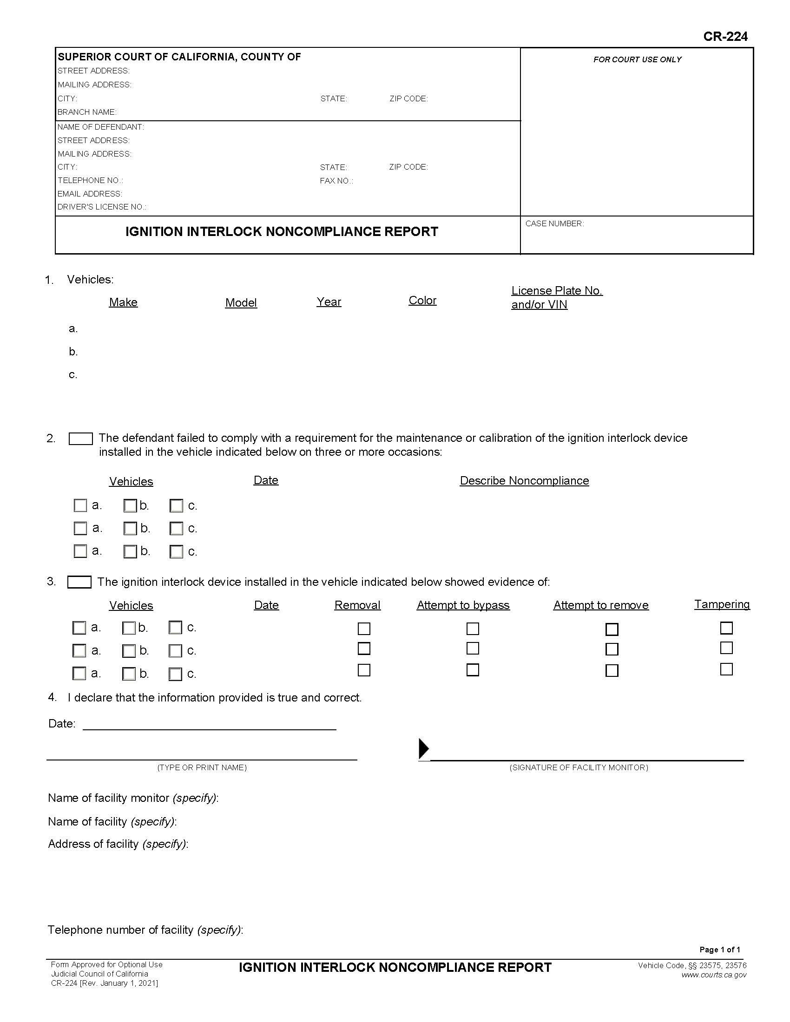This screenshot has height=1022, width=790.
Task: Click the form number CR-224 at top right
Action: point(725,37)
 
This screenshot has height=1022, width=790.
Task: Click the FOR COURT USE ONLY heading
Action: point(637,59)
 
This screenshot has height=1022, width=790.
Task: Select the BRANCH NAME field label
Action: point(87,112)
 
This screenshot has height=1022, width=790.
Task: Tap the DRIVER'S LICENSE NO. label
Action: point(102,207)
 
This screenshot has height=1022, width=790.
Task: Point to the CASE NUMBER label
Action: point(554,224)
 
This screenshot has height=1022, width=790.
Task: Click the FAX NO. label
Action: point(336,181)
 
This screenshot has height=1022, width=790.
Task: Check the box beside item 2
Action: point(80,439)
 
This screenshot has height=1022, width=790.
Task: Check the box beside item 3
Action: point(79,582)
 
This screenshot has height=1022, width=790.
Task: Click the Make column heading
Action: point(123,302)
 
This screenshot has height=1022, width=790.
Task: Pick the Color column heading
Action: point(422,301)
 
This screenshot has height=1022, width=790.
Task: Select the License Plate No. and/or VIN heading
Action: point(556,298)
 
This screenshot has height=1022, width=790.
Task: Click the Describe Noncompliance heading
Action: point(524,481)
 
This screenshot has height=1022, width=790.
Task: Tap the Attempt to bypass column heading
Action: point(463,605)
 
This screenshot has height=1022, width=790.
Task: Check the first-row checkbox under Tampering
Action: point(726,628)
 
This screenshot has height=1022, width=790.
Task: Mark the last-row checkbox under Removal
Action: point(364,670)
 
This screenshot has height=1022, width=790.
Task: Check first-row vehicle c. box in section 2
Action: point(176,506)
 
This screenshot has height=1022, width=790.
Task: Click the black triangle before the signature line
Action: point(423,748)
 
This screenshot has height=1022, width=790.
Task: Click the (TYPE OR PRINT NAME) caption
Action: point(202,767)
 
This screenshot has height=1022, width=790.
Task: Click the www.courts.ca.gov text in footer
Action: point(713,975)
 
